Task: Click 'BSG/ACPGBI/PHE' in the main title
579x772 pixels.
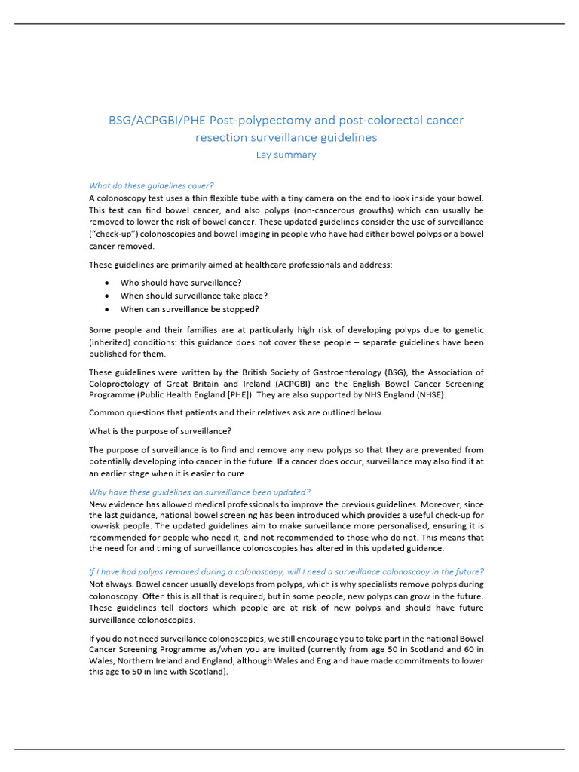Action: tap(157, 120)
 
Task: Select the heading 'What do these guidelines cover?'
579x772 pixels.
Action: tap(151, 185)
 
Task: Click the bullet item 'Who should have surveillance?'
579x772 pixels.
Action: tap(181, 282)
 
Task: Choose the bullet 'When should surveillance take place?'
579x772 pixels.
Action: tap(194, 296)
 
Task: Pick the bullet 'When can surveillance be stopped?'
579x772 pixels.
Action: tap(189, 309)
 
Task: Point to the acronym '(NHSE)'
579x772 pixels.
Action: tap(427, 396)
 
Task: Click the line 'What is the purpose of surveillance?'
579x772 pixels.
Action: tap(160, 431)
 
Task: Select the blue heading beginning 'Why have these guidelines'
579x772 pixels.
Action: tap(200, 492)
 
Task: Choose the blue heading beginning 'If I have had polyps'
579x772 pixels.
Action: tap(286, 571)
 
